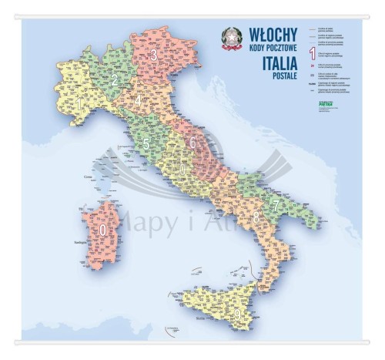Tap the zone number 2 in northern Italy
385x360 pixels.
tap(115, 79)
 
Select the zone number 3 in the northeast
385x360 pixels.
tap(154, 55)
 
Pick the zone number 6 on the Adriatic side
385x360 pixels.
tap(192, 143)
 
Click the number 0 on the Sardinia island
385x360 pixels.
tap(103, 229)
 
